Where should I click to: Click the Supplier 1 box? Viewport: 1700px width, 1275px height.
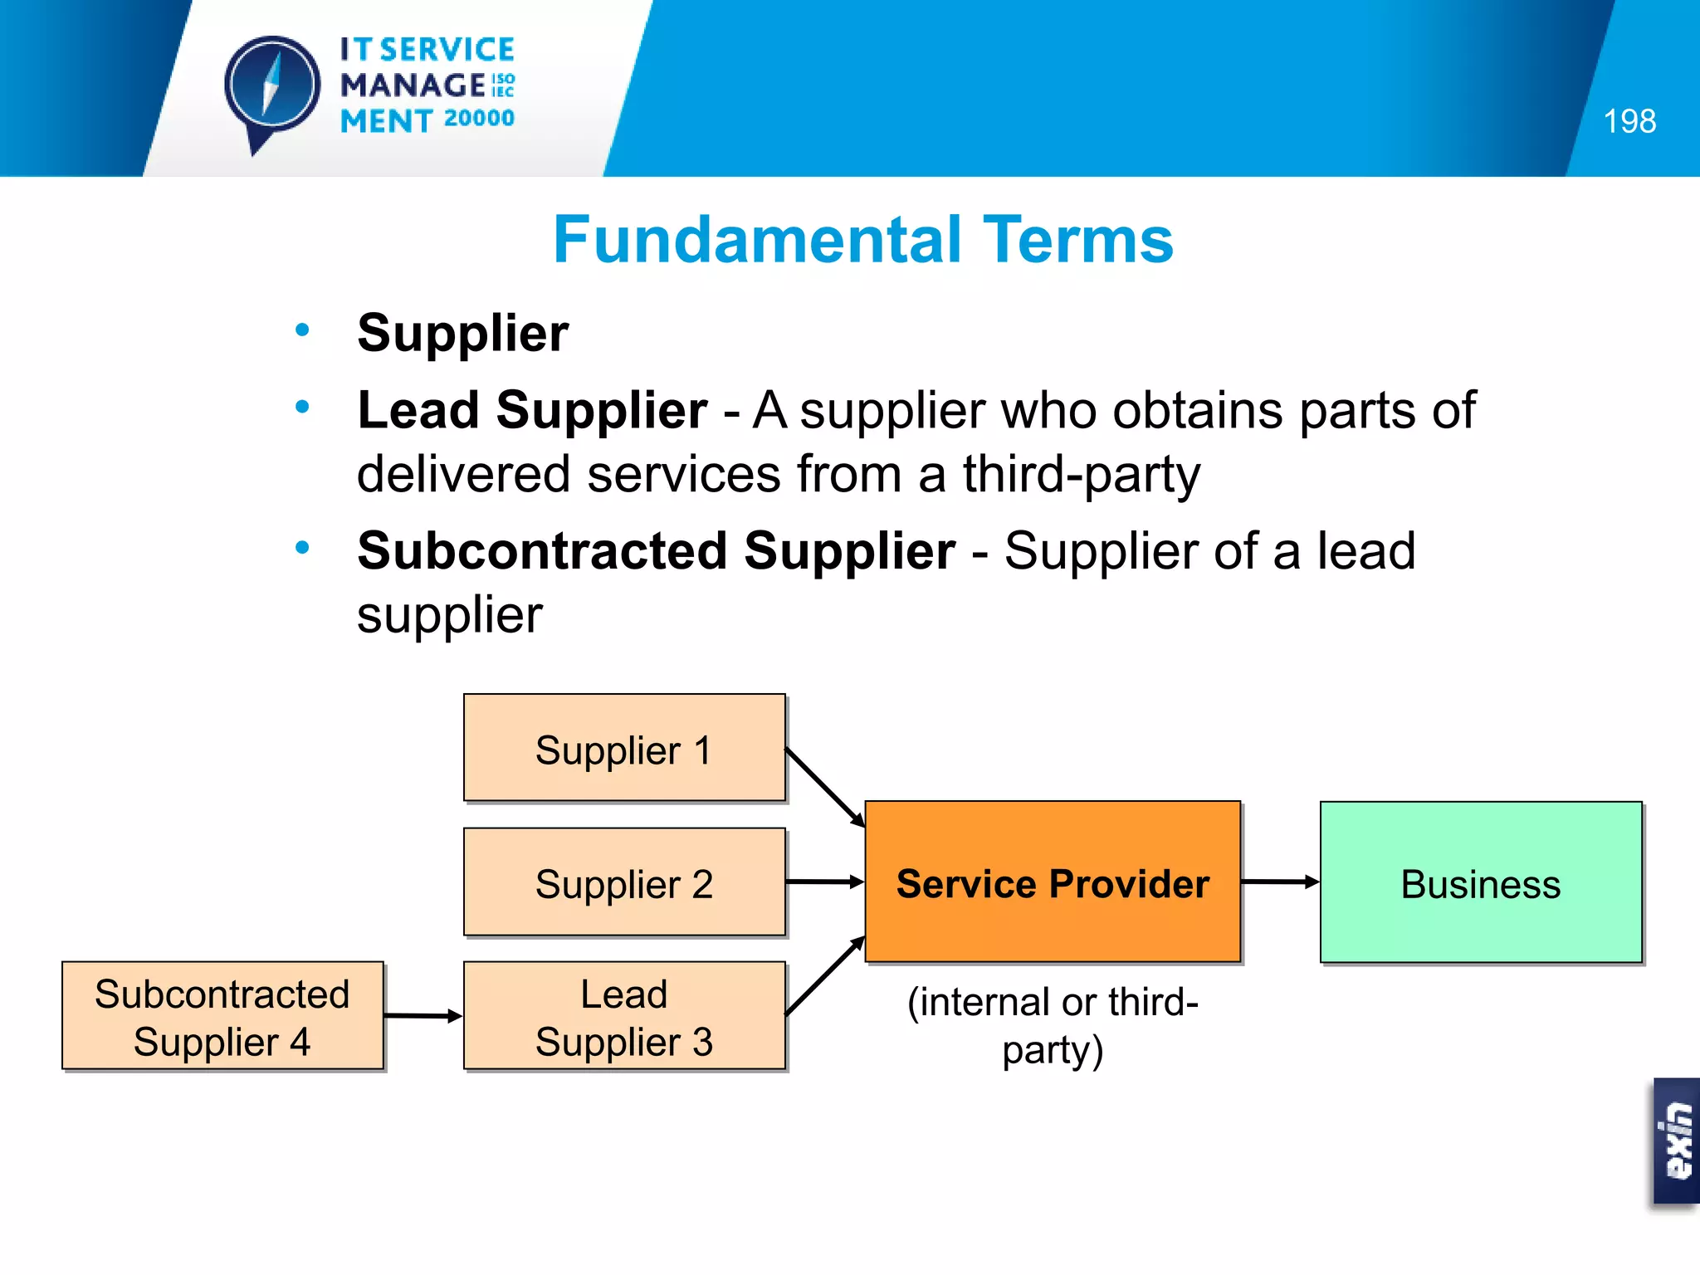pos(624,748)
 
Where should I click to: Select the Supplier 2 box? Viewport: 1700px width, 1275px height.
pos(624,882)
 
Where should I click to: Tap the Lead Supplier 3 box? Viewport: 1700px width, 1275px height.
pos(624,1016)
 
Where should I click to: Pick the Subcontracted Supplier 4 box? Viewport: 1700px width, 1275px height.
pos(222,1016)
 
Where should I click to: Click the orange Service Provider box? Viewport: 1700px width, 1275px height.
pos(1053,882)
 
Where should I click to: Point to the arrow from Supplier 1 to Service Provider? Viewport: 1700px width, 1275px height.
pos(824,787)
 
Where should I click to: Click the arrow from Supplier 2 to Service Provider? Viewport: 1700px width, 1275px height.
pos(824,882)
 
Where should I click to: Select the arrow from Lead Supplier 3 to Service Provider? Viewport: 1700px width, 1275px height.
pos(824,976)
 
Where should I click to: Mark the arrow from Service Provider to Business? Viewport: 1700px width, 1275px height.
pos(1280,882)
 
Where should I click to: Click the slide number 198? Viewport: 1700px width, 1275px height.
pos(1629,121)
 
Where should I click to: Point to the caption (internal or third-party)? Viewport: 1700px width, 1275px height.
pos(1053,1026)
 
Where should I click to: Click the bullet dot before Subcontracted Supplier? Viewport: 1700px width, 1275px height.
pos(302,548)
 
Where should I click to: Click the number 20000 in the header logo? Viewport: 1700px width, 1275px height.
pos(479,119)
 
